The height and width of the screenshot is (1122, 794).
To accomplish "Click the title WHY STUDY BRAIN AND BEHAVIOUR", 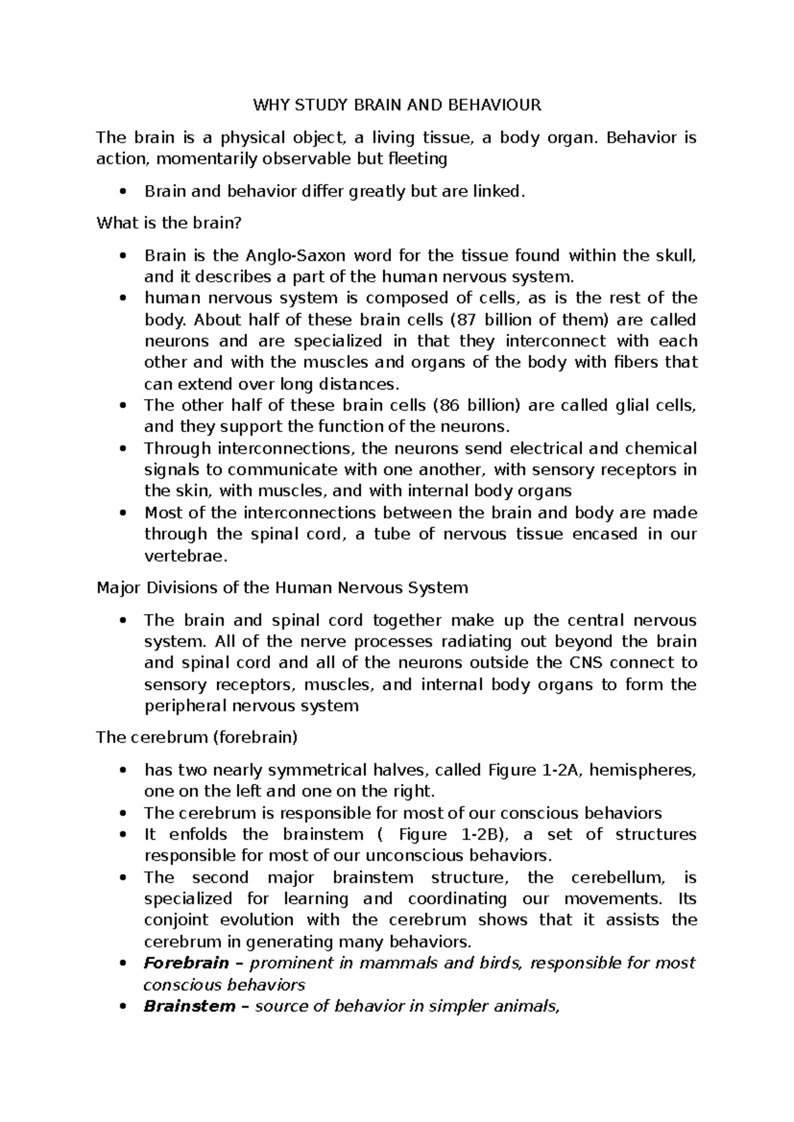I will coord(396,105).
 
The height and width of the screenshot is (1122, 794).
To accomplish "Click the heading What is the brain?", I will coord(169,223).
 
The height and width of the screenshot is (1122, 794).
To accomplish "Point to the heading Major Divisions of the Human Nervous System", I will coord(283,587).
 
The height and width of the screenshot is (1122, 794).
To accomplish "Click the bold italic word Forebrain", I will coord(187,963).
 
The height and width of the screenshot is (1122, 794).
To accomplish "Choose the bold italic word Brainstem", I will coord(189,1006).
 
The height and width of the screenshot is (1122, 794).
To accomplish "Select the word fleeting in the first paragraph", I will coord(418,159).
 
